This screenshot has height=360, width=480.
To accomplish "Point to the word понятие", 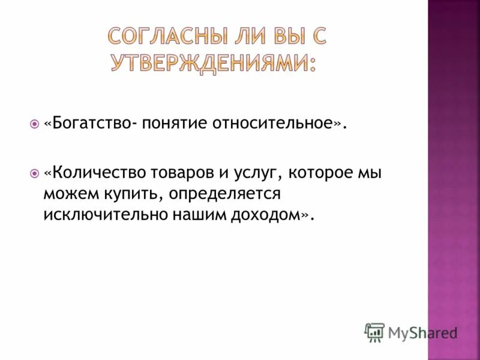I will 174,124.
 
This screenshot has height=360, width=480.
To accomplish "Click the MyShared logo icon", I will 374,332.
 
